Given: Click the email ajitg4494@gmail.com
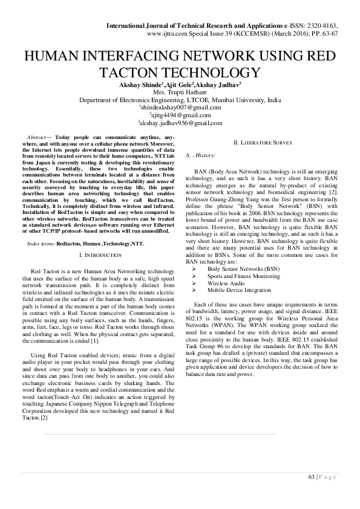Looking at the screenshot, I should pyautogui.click(x=180, y=115).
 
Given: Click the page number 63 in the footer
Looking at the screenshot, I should pyautogui.click(x=311, y=477).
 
